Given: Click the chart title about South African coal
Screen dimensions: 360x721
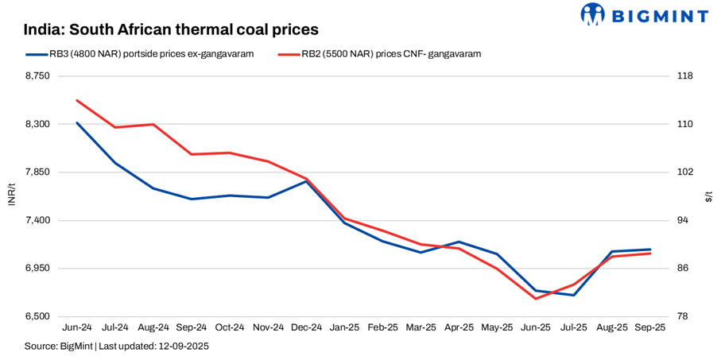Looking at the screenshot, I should point(171,29).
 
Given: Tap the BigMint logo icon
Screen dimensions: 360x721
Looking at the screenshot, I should point(593,14).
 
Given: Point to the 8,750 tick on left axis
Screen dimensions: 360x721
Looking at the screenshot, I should point(37,76).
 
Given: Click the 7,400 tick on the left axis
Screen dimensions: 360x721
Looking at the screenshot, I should point(37,220).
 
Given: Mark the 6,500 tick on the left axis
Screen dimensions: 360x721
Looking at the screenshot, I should point(37,316).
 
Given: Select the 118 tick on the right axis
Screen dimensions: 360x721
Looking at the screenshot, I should point(685,76).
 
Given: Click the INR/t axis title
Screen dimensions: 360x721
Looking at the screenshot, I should point(11,196).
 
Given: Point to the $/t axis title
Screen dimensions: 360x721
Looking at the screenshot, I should point(709,196).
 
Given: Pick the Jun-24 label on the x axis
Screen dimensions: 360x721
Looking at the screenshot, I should point(77,327).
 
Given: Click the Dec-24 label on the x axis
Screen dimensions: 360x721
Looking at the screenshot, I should point(306,327).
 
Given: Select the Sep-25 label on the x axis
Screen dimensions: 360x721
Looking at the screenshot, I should point(650,327).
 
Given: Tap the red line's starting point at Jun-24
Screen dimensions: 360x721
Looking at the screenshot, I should point(77,100).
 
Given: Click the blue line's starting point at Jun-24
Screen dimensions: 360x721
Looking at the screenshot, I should point(77,122).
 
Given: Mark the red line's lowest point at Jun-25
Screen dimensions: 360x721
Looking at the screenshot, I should point(535,299).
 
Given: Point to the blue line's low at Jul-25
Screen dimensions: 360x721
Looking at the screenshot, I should point(573,295).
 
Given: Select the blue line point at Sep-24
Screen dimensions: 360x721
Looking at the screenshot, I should point(192,199).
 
